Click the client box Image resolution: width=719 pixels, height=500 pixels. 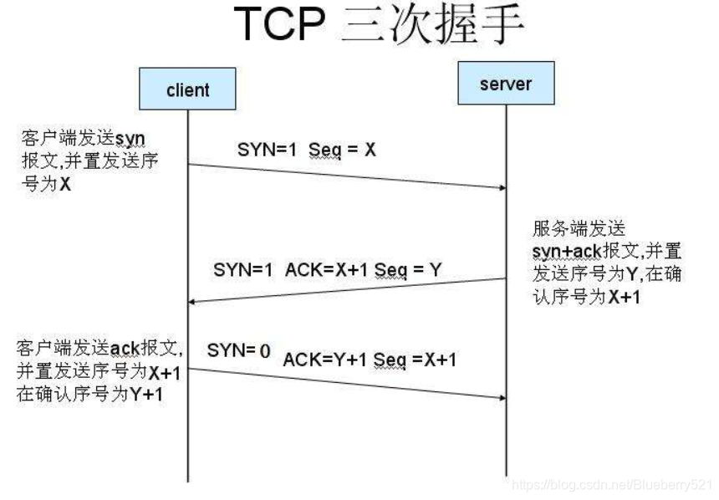[187, 89]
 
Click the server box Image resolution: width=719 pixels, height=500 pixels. [506, 84]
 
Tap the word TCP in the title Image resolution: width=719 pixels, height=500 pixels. [278, 25]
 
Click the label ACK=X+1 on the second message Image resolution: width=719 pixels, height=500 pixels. [321, 269]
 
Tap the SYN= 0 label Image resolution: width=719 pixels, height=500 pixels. [239, 351]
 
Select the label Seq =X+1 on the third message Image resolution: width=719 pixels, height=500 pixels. [415, 360]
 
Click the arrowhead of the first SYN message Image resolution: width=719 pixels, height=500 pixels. [501, 188]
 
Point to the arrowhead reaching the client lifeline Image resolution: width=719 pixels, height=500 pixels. [193, 302]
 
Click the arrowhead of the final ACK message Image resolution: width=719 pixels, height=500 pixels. [501, 396]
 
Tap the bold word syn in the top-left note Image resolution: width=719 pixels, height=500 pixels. [130, 136]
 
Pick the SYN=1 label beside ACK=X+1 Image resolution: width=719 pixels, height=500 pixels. [243, 269]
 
